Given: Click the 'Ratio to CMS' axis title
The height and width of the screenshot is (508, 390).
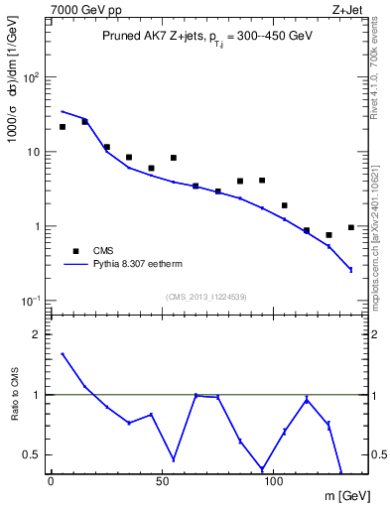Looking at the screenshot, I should tap(14, 395).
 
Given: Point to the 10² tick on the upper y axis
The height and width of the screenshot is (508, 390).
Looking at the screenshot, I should tap(32, 77).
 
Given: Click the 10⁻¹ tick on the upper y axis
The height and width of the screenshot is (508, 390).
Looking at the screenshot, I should tap(32, 301).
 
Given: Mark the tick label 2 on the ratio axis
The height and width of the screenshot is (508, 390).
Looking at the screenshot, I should tap(36, 334).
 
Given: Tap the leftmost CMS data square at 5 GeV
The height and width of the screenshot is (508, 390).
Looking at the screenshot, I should tap(63, 127).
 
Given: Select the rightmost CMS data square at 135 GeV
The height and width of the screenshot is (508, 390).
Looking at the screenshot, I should tap(351, 227).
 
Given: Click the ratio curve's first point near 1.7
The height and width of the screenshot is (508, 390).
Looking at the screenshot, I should tap(63, 353).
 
